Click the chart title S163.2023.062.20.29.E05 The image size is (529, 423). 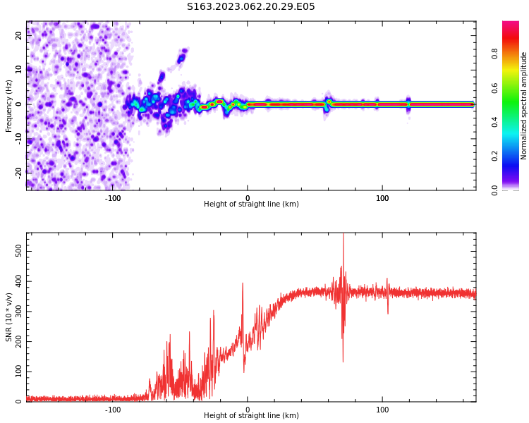click(x=250, y=7)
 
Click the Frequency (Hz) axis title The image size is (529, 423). click(x=9, y=106)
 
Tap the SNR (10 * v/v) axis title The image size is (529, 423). click(x=9, y=317)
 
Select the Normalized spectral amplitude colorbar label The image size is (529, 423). click(x=524, y=106)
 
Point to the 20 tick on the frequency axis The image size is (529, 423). click(x=19, y=36)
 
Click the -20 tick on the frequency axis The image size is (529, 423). click(x=19, y=171)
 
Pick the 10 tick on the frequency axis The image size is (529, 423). click(x=19, y=70)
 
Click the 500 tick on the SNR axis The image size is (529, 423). click(x=18, y=252)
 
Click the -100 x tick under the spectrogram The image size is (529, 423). click(x=113, y=198)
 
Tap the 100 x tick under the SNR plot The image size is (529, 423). click(x=382, y=410)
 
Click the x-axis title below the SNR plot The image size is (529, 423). click(x=251, y=416)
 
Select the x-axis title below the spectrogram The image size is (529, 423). click(x=251, y=204)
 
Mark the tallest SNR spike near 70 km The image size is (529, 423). click(x=343, y=235)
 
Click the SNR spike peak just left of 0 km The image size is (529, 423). click(x=243, y=283)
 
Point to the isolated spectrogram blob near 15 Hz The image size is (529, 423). click(x=183, y=54)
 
